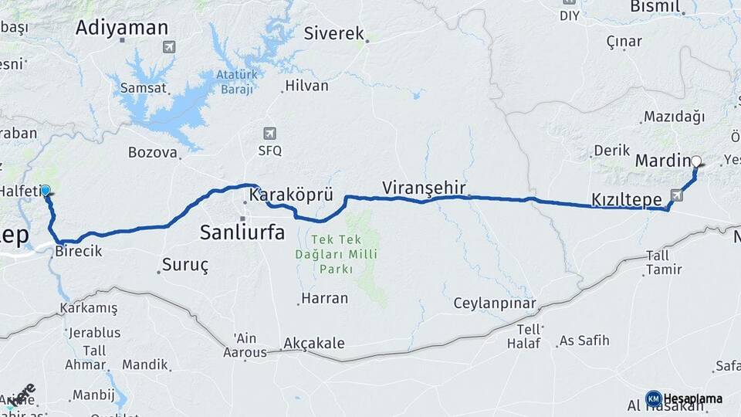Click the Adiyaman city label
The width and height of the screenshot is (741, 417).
pos(122,28)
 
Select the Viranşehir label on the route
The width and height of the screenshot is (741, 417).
pos(423,187)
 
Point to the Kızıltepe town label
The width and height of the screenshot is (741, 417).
pos(626,200)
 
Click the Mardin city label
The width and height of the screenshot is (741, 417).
pos(661,161)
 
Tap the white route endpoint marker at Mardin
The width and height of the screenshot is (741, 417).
pos(696,161)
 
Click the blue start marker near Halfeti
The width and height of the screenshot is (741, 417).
pos(46,190)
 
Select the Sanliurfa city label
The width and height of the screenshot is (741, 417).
pos(242,232)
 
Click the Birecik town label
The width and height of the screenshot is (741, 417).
pos(77,252)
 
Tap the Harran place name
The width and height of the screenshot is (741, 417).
pos(324,297)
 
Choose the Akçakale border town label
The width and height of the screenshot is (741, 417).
pos(314,344)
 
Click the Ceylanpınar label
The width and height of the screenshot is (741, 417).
pos(494,302)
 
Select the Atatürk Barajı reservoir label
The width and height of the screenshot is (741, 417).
pos(235,83)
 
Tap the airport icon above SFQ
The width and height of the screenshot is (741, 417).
pos(269,133)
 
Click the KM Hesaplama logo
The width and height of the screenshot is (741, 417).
pos(684,398)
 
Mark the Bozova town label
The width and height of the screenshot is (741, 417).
pos(153,152)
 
